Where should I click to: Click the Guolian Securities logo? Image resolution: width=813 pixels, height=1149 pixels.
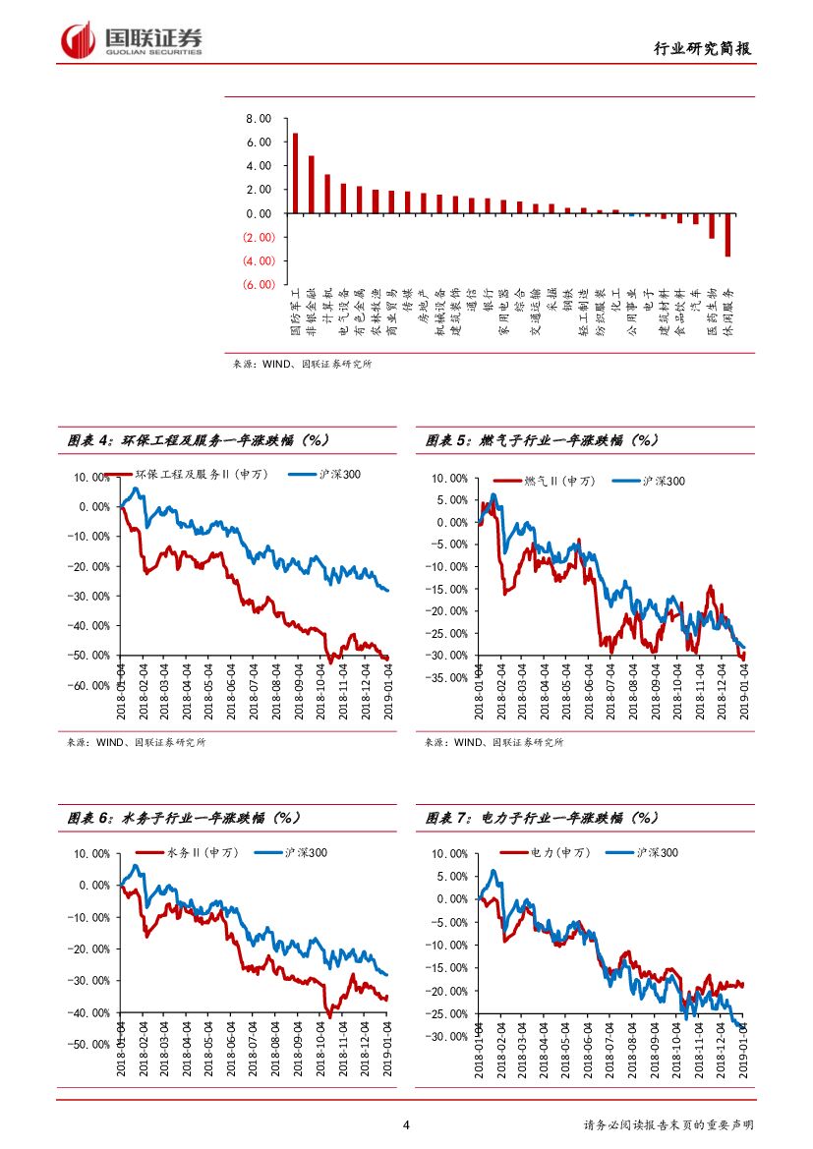click(132, 40)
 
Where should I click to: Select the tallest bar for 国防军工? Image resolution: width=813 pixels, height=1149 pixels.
click(295, 173)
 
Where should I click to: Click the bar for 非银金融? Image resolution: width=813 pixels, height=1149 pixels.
click(311, 184)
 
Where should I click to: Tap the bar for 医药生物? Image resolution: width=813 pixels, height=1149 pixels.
click(712, 225)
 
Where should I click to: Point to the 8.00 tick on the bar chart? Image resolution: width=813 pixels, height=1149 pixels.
click(258, 119)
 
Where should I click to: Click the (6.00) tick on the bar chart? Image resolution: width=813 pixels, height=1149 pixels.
click(258, 285)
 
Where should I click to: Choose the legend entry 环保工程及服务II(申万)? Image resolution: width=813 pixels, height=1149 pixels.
click(202, 475)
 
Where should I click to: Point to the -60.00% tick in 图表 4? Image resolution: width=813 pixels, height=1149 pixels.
click(87, 685)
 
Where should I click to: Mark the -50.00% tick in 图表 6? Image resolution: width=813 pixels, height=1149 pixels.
click(87, 1044)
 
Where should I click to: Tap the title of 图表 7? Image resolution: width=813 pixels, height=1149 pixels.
click(542, 818)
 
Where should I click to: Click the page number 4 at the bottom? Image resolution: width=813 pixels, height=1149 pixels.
click(406, 1125)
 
